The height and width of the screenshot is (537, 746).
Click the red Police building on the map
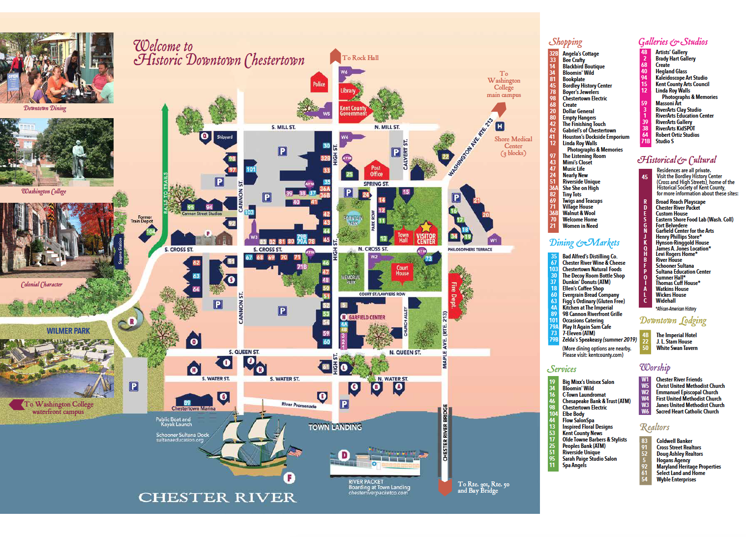click(x=319, y=84)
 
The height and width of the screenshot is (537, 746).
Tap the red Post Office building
click(x=376, y=171)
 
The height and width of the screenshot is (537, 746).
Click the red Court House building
click(x=402, y=270)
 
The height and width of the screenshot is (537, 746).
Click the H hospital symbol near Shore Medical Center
click(x=500, y=126)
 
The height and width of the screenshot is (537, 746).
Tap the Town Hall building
click(x=403, y=237)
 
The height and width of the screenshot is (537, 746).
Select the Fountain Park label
click(x=353, y=221)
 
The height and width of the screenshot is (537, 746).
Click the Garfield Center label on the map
click(x=366, y=317)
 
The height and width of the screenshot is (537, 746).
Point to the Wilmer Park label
click(x=68, y=331)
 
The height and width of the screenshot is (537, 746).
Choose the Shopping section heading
click(x=565, y=42)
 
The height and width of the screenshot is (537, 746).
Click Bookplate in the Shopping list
click(x=573, y=79)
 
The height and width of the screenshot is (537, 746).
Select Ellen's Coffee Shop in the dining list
click(x=583, y=288)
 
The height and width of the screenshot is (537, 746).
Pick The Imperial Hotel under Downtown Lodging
click(x=676, y=335)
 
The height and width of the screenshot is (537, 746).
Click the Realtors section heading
click(x=654, y=427)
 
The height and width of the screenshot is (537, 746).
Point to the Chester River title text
click(x=217, y=498)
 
